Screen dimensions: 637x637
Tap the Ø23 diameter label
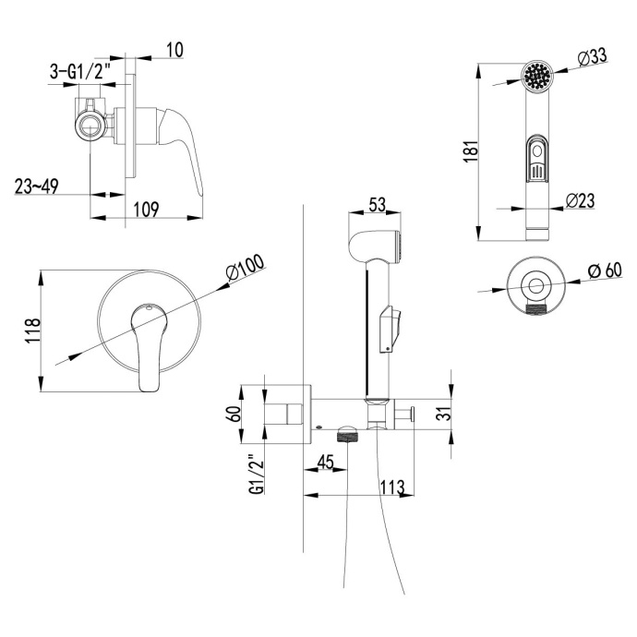[579, 199]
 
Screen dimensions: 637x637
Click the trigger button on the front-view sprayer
[537, 159]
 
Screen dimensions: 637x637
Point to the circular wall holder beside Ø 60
[535, 286]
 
